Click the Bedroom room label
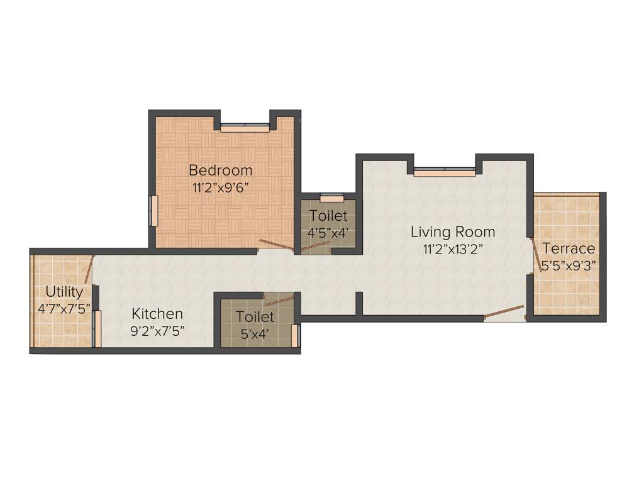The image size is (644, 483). (x=221, y=170)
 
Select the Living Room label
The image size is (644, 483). (x=453, y=231)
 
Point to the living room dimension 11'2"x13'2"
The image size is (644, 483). (x=453, y=248)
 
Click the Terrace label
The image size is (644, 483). (x=569, y=248)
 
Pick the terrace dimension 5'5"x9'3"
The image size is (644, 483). (x=569, y=264)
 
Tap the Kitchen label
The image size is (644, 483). (x=157, y=313)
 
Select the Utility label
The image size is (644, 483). (x=64, y=292)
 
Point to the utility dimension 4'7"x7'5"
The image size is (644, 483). (x=64, y=308)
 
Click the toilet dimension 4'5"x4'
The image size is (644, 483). (x=328, y=233)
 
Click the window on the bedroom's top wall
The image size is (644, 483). (x=245, y=128)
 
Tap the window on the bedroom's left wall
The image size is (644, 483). (x=153, y=211)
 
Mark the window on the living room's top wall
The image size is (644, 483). (x=444, y=172)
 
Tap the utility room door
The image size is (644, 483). (x=89, y=269)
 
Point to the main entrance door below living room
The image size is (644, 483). (x=504, y=312)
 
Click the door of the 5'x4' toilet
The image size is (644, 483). (x=279, y=301)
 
